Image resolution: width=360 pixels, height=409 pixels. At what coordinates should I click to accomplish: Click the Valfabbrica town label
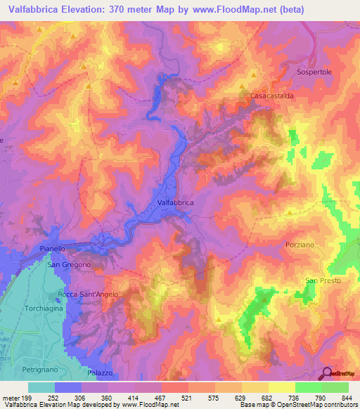pyautogui.click(x=175, y=202)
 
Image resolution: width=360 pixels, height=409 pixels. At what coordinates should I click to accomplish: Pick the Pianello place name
pyautogui.click(x=52, y=249)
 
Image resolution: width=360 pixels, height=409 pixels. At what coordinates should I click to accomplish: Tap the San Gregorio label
pyautogui.click(x=69, y=264)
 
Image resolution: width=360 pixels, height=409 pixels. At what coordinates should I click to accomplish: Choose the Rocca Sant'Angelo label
pyautogui.click(x=88, y=294)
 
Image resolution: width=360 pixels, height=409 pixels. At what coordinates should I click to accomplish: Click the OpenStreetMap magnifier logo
pyautogui.click(x=328, y=374)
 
